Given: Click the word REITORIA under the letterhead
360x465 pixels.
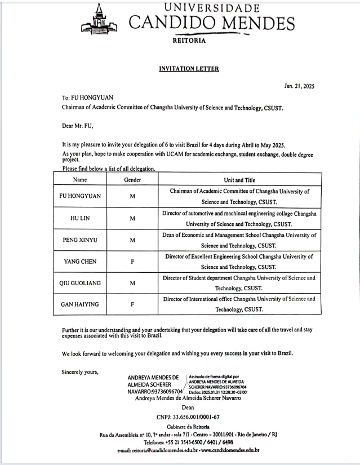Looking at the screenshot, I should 189,41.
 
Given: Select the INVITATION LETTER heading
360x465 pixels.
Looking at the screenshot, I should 189,69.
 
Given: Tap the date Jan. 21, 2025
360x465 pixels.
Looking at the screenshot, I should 299,86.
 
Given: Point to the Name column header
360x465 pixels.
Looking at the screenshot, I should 80,180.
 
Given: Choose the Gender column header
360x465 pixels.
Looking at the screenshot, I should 132,180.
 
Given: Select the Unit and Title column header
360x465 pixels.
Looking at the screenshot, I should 239,180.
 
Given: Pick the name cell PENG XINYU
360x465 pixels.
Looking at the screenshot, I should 79,240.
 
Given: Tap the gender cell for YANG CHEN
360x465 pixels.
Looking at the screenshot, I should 132,262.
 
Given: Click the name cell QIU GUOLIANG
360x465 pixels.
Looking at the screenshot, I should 80,283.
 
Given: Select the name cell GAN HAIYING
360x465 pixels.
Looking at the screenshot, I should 79,304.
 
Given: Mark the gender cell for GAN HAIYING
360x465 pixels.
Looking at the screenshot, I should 132,304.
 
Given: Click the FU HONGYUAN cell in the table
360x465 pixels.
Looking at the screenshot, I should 79,197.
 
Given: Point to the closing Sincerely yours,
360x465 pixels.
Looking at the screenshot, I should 80,371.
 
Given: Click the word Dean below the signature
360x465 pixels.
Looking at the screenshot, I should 188,407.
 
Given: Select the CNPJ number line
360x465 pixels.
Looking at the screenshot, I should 188,417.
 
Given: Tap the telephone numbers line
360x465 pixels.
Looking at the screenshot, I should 188,442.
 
